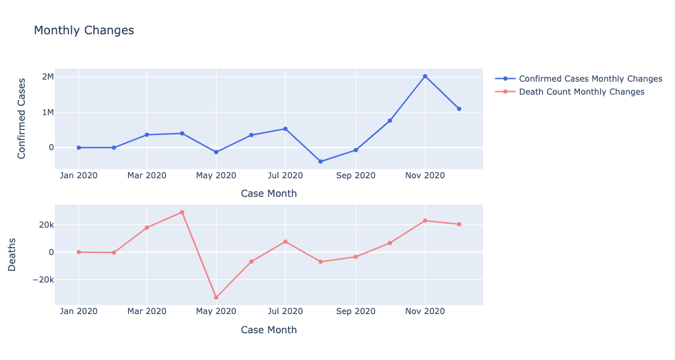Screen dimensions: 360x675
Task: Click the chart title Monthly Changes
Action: click(x=84, y=31)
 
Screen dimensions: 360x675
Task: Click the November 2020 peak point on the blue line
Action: click(x=425, y=76)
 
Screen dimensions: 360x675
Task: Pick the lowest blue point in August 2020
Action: click(x=320, y=162)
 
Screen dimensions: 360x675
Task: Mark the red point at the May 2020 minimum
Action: click(x=216, y=298)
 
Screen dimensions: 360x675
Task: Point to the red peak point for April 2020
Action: click(x=182, y=212)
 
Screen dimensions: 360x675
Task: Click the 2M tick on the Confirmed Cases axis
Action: click(x=47, y=77)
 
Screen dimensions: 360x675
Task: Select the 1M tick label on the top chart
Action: click(x=47, y=112)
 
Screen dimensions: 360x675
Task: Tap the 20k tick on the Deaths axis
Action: click(x=46, y=225)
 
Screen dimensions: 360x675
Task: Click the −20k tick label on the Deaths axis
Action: click(x=42, y=280)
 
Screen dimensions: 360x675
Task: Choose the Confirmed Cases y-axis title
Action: click(x=22, y=118)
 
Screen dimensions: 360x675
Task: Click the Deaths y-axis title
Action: click(x=12, y=254)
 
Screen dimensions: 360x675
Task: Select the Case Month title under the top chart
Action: click(x=269, y=193)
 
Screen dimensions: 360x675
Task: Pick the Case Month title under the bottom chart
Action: click(x=269, y=330)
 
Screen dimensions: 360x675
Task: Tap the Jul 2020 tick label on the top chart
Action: click(x=285, y=176)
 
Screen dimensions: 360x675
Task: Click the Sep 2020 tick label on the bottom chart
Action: click(x=355, y=311)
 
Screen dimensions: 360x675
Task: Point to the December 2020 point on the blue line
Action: click(x=459, y=109)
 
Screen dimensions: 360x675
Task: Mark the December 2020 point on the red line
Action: click(x=459, y=224)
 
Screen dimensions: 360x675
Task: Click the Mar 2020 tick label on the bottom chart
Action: click(x=147, y=311)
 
